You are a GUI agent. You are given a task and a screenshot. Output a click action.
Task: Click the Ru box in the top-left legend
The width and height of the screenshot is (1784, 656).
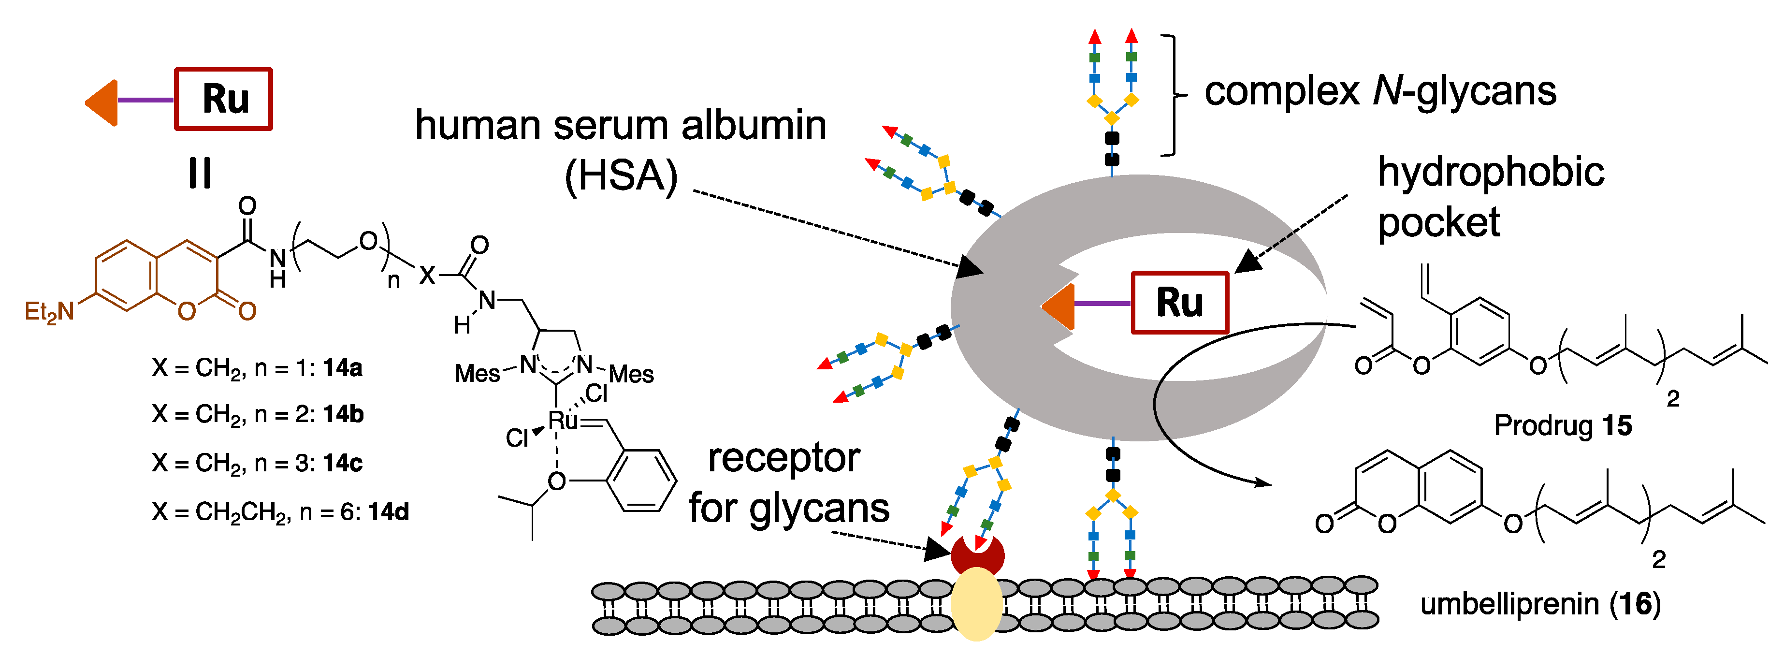pyautogui.click(x=223, y=99)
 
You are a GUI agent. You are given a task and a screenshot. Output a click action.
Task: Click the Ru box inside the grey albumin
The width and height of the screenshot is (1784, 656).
pyautogui.click(x=1179, y=303)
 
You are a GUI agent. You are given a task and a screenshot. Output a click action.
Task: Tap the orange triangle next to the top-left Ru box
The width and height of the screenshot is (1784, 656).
pyautogui.click(x=102, y=102)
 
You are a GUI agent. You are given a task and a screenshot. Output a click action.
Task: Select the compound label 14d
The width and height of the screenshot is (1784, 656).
pyautogui.click(x=389, y=512)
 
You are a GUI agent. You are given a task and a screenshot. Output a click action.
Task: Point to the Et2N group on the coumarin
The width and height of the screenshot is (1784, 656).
pyautogui.click(x=48, y=312)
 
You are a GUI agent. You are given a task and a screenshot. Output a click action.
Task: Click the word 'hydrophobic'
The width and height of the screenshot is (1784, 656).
pyautogui.click(x=1490, y=172)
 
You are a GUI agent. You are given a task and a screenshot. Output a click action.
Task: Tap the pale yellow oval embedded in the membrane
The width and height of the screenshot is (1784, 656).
pyautogui.click(x=976, y=603)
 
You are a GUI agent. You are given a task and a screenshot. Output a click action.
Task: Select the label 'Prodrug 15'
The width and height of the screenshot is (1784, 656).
pyautogui.click(x=1562, y=425)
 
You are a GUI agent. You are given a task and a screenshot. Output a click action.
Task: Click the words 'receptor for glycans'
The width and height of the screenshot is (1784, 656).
pyautogui.click(x=788, y=483)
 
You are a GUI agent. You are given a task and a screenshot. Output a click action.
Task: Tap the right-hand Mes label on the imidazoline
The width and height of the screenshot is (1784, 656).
pyautogui.click(x=631, y=375)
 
